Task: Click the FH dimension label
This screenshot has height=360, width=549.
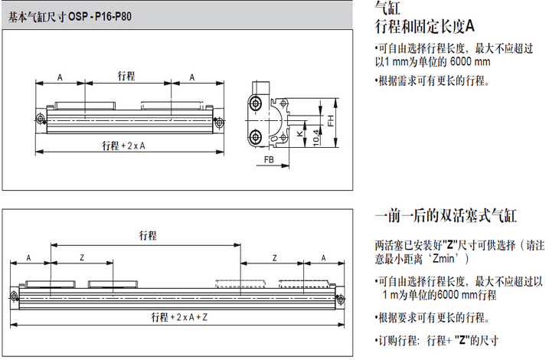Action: [330, 120]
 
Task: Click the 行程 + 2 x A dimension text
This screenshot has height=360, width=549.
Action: [124, 146]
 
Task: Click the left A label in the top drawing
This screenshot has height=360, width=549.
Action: [60, 77]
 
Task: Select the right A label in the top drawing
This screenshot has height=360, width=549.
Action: [191, 77]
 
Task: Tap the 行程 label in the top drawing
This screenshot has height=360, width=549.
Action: [126, 76]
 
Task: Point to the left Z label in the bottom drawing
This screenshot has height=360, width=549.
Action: [82, 257]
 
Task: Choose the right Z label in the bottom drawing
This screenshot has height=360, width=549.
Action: [273, 257]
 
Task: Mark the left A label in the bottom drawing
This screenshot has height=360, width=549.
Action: [29, 257]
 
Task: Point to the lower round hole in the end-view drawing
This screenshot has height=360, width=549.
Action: [254, 137]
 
